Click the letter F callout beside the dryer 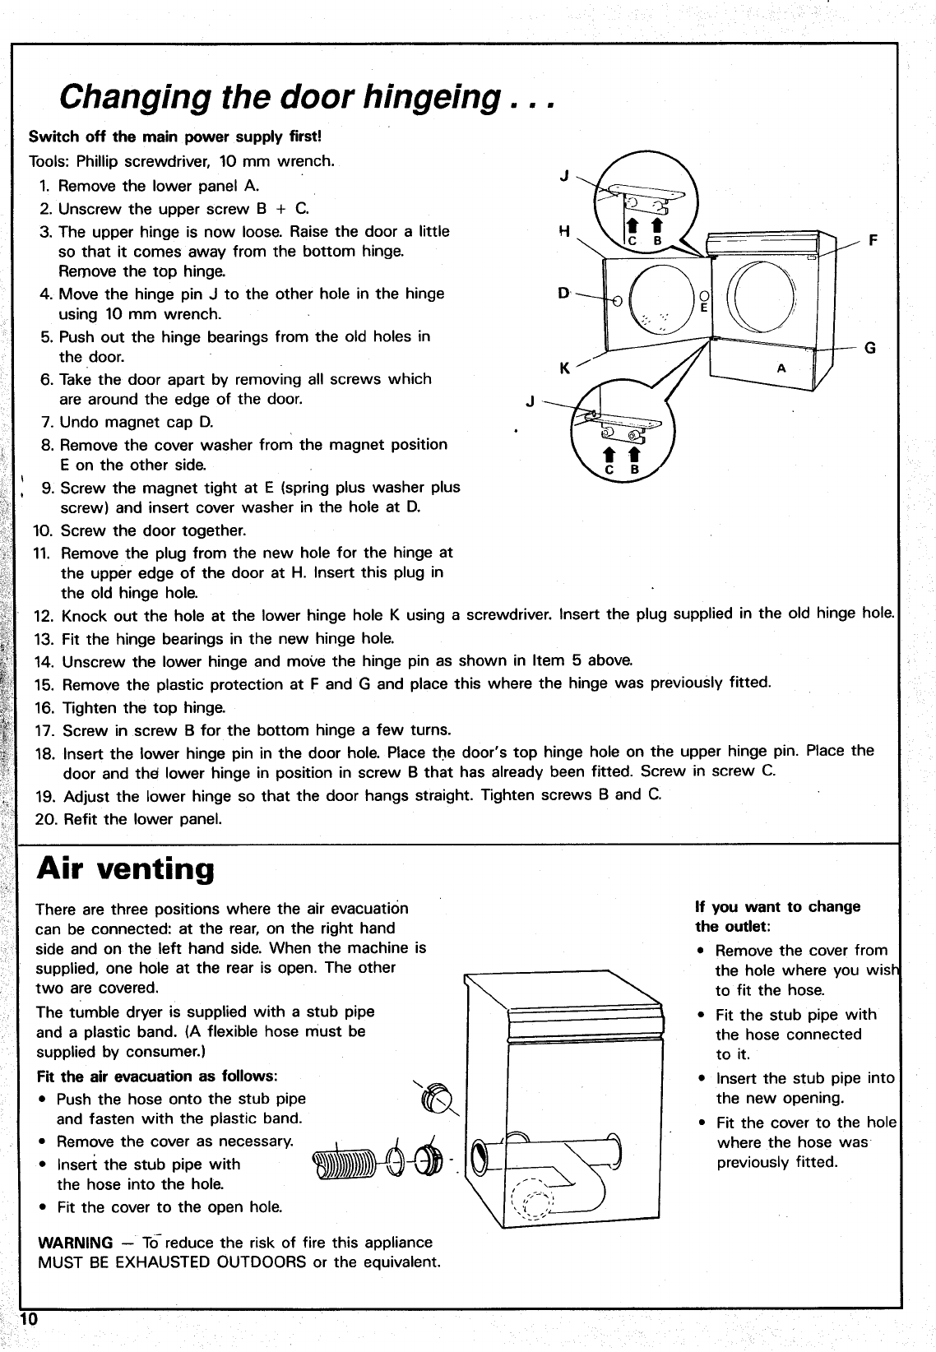(873, 241)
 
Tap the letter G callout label (869, 348)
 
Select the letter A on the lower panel (781, 368)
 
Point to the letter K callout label (565, 368)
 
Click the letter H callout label (565, 232)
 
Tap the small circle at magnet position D (617, 301)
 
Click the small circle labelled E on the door (702, 296)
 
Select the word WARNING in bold (76, 1243)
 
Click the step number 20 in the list (44, 819)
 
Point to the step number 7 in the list (47, 423)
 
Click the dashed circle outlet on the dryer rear (535, 1199)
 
